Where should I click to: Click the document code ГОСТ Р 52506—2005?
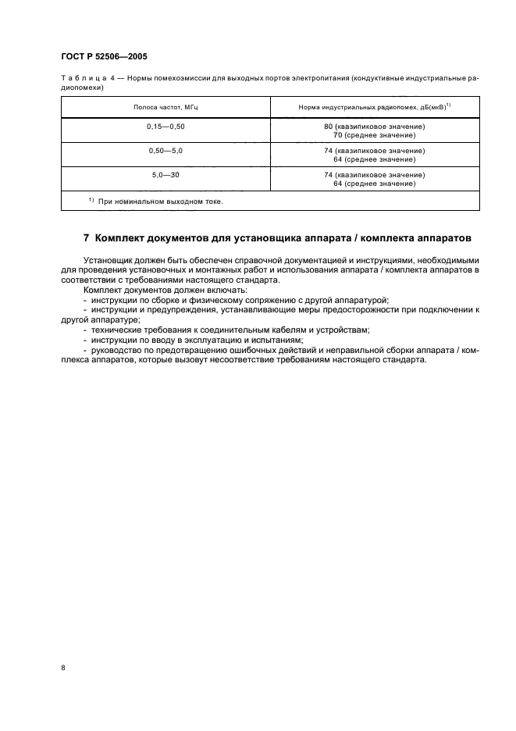tap(103, 56)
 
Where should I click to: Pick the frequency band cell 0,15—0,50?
tap(165, 125)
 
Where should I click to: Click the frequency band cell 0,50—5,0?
tap(165, 150)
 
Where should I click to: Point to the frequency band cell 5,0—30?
tap(165, 175)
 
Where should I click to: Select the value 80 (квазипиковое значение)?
tap(374, 126)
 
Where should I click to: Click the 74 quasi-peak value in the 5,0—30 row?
tap(374, 175)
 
